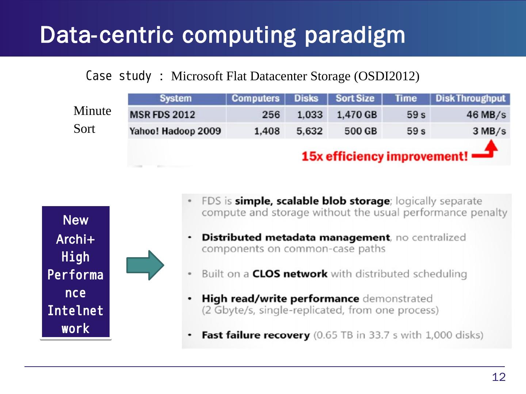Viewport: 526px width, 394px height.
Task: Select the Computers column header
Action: (255, 98)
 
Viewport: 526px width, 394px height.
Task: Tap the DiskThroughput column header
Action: (470, 98)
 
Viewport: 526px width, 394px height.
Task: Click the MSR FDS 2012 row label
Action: (162, 115)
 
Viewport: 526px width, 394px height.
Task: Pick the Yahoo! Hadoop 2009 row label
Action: (175, 131)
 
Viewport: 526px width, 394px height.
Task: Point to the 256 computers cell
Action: (271, 115)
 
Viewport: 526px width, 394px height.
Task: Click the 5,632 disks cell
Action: (309, 131)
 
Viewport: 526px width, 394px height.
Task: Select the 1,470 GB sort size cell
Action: (357, 115)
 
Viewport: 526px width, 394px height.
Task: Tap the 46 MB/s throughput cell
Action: (486, 115)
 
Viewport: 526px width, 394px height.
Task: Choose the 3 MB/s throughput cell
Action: (489, 131)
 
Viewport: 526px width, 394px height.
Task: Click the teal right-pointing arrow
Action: (145, 265)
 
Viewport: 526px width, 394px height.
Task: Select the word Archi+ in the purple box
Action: (76, 239)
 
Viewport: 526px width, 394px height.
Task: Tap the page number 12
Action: (499, 377)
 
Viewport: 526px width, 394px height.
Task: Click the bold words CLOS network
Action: (290, 274)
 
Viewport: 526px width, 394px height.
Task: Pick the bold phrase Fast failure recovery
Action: (256, 335)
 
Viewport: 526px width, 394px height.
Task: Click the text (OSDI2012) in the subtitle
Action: (387, 76)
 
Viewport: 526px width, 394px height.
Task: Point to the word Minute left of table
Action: (92, 111)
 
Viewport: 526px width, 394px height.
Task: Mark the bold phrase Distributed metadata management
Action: (296, 237)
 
